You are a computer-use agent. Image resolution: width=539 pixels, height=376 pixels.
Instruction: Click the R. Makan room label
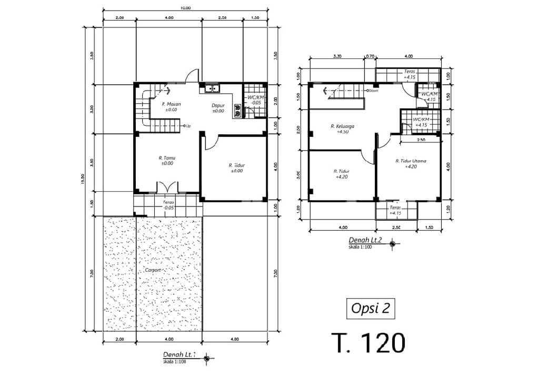tap(171, 104)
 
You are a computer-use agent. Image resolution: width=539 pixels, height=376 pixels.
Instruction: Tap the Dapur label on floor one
tap(218, 105)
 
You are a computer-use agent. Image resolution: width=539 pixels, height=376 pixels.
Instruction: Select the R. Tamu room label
tap(166, 157)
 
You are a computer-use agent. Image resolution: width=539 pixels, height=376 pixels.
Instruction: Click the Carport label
tap(153, 270)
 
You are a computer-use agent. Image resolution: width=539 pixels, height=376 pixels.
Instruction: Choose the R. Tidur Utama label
tap(411, 161)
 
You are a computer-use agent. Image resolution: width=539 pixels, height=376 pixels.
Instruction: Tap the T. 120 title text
tap(368, 343)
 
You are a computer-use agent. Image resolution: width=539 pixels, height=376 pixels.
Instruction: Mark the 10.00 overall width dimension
tap(185, 8)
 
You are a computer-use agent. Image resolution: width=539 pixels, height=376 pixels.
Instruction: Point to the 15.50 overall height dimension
tap(82, 180)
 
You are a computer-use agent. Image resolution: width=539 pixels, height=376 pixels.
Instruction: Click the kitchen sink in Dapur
tap(210, 88)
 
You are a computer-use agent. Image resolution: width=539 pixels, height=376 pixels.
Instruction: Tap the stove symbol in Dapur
tap(237, 110)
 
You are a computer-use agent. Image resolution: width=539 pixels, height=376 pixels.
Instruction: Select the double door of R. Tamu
tap(167, 187)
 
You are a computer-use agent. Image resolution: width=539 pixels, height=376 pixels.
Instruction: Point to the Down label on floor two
tap(373, 91)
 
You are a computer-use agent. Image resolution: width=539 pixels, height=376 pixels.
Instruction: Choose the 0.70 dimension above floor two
tap(370, 56)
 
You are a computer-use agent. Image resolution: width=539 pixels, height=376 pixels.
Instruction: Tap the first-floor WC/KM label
tap(255, 98)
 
